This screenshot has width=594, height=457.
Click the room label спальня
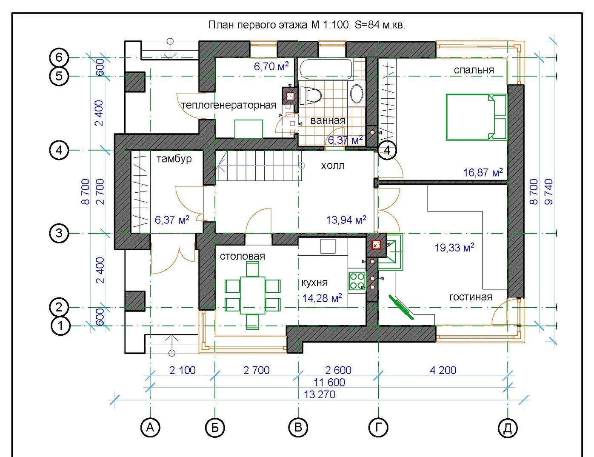474,70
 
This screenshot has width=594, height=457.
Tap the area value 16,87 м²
483,172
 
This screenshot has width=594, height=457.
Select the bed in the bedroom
477,117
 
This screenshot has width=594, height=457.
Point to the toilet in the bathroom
310,95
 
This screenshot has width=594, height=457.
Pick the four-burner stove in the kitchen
357,281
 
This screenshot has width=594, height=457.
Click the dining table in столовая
253,295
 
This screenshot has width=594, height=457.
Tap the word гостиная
471,297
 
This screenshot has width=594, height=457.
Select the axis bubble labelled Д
508,428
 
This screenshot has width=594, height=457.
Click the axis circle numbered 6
59,57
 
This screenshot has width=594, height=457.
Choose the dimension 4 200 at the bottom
443,370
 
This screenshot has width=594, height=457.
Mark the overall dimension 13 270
319,394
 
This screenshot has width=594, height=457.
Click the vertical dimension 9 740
548,191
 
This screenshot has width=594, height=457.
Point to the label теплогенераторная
229,105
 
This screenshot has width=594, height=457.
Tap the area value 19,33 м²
454,248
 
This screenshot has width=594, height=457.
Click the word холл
332,166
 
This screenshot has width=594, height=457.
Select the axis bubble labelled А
150,427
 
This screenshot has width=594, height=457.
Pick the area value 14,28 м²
322,298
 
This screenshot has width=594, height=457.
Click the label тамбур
174,159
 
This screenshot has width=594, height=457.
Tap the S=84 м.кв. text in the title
380,25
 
